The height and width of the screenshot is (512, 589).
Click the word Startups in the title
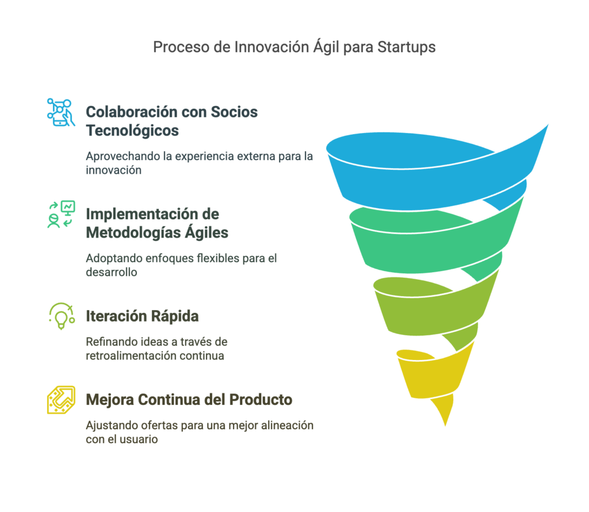tap(407, 47)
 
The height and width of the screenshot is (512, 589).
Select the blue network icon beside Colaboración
tap(61, 112)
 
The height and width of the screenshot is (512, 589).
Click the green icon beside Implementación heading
tap(61, 214)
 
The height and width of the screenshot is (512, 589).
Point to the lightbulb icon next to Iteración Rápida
tap(61, 316)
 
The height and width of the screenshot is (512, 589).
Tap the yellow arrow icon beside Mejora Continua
tap(61, 400)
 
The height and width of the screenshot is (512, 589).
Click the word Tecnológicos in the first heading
tap(132, 131)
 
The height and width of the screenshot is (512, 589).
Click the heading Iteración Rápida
tap(143, 316)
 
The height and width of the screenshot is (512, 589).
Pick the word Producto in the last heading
tap(261, 400)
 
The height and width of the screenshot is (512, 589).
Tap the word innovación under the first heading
tap(113, 170)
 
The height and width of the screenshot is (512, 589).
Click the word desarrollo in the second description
tap(111, 272)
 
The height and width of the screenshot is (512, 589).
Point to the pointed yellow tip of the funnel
tap(445, 426)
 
